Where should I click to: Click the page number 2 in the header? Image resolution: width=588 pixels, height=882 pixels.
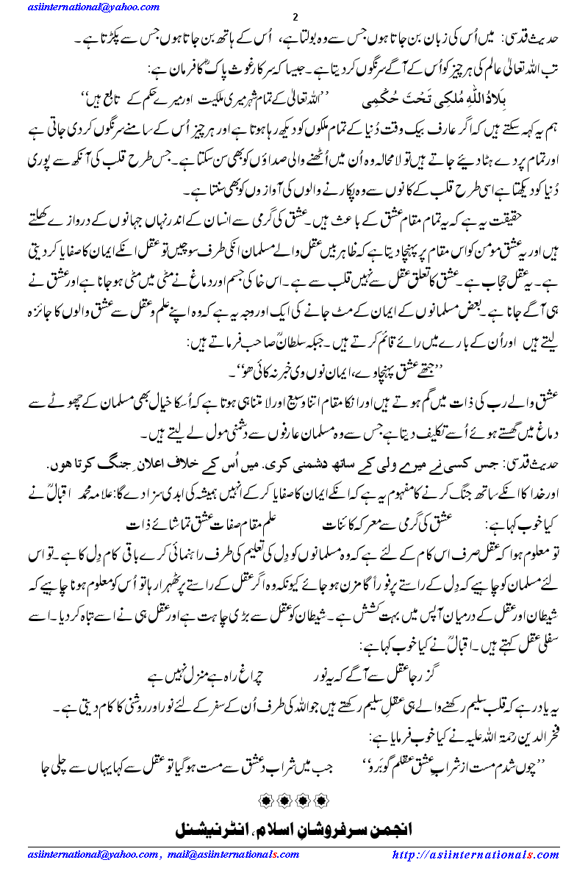294,18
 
